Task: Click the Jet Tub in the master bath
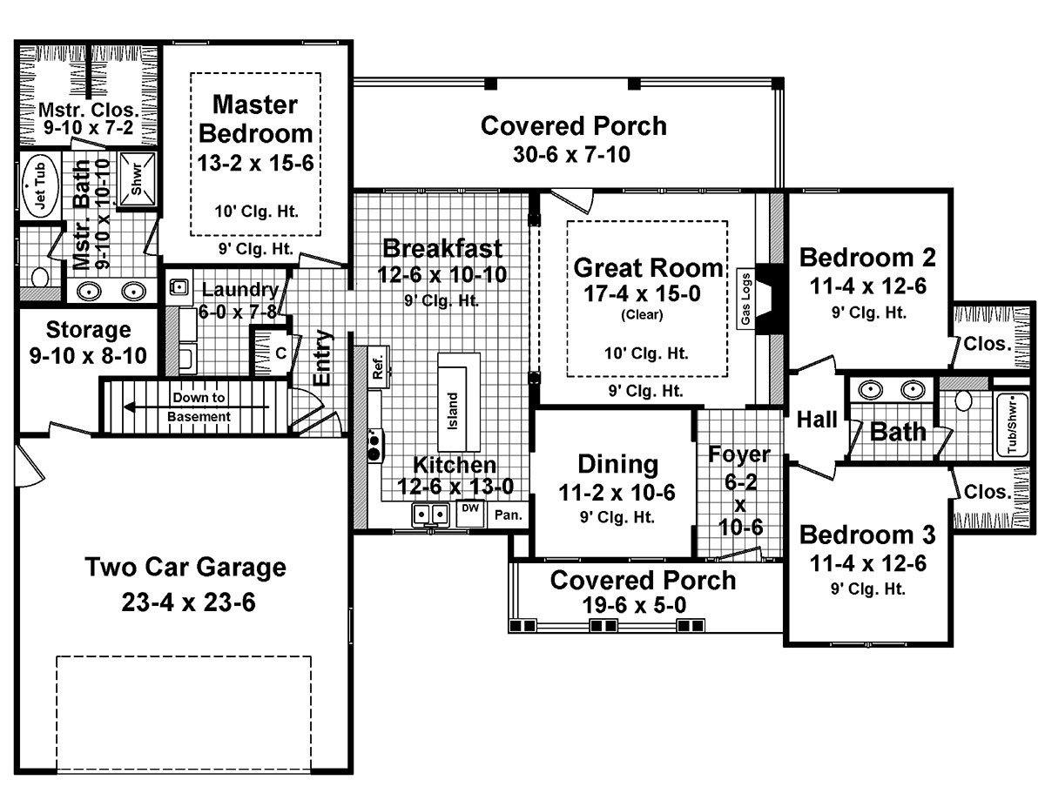pos(40,186)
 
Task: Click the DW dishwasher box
pos(469,514)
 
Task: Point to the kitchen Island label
pos(453,411)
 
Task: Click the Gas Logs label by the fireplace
pos(745,298)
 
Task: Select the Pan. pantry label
pos(509,514)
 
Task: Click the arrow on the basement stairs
pos(196,407)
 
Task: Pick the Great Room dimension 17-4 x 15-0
pos(642,293)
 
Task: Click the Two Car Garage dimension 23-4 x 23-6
pos(188,602)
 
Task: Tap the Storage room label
pos(89,330)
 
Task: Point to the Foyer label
pos(739,454)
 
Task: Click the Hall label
pos(817,419)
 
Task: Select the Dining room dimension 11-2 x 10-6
pos(617,492)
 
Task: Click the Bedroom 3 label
pos(867,535)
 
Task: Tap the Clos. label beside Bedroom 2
pos(988,344)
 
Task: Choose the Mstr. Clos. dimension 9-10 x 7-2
pos(89,127)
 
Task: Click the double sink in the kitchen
pos(430,514)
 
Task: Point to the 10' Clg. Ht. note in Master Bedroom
pos(256,211)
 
